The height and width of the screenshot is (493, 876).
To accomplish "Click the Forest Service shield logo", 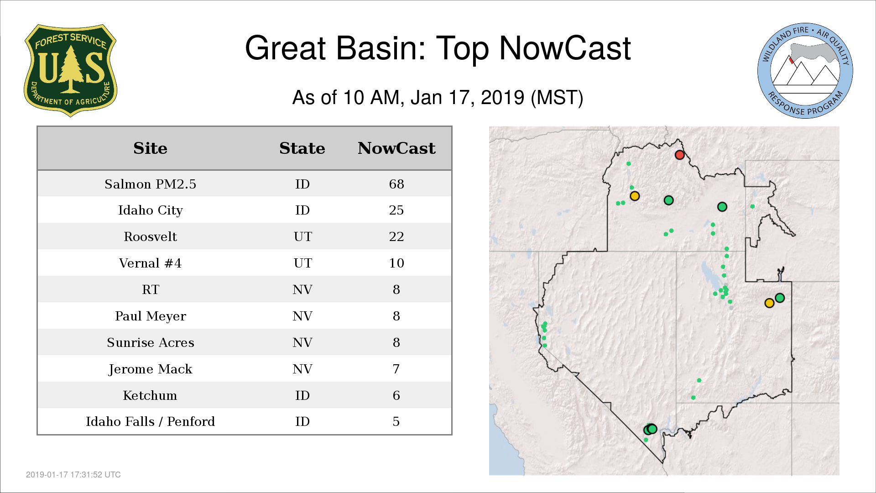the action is [70, 71].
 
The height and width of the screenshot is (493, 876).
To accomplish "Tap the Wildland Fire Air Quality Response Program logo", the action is [805, 71].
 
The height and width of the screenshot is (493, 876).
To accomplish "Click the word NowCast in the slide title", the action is [565, 48].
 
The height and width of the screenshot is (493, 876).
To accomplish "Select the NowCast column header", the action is [396, 148].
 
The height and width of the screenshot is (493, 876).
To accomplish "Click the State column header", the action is [302, 148].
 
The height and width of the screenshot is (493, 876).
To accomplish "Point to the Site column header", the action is [150, 148].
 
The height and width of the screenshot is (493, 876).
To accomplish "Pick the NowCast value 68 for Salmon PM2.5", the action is [396, 184].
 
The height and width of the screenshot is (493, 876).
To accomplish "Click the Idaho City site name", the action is [151, 210].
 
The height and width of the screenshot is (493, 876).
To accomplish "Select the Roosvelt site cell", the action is [151, 236].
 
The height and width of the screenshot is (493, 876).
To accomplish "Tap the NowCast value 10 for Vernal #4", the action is [396, 263].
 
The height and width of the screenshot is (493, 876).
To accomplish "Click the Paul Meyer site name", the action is [151, 316].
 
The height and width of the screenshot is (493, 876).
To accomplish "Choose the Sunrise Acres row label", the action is [151, 342].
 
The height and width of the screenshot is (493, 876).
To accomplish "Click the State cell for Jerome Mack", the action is [302, 369].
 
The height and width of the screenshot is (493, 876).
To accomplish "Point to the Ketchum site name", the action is [150, 395].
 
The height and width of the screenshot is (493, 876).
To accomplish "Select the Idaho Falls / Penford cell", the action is [151, 421].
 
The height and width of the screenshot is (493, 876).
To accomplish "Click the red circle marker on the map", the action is [679, 155].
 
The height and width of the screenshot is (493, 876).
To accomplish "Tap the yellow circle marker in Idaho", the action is [635, 196].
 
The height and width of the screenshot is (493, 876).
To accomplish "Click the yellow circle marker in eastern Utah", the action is [769, 303].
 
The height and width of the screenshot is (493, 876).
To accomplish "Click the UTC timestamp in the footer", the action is [73, 475].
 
